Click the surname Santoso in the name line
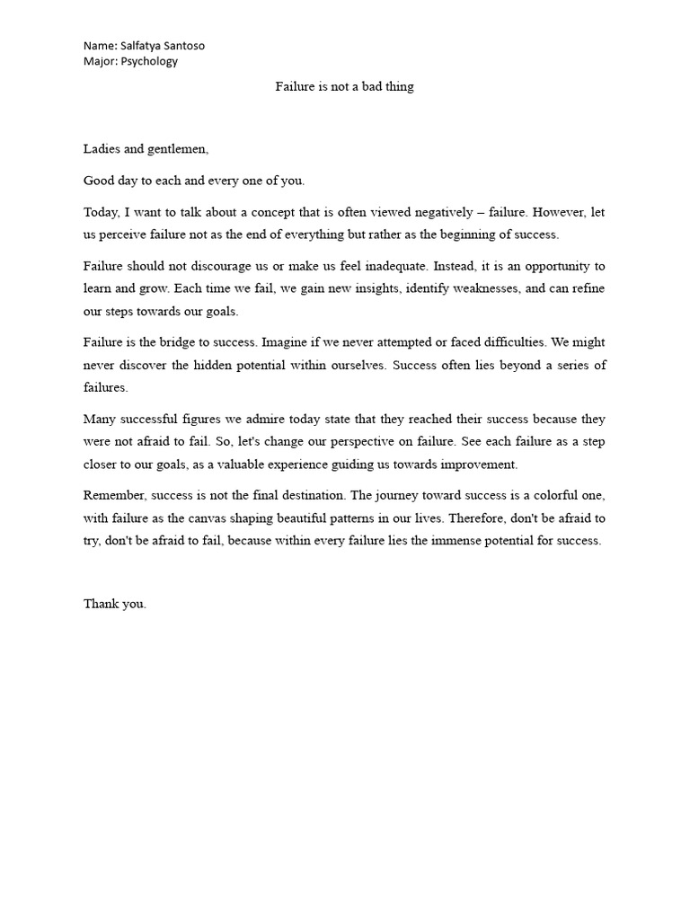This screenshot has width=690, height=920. (x=190, y=45)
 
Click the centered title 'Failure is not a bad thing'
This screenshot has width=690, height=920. (x=344, y=87)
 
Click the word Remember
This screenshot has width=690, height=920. (x=114, y=495)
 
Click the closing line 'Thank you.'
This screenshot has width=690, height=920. (x=115, y=604)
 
